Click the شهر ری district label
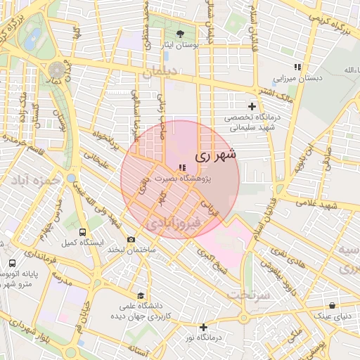coord(215,154)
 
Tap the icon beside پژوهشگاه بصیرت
coord(182,167)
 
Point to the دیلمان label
coord(160,72)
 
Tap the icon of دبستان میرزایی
coord(297,67)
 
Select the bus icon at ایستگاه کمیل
coord(83,231)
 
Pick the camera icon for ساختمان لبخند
coord(131,240)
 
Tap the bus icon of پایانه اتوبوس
coord(12,263)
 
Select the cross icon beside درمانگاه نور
coord(203,327)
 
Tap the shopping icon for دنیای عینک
coord(332,305)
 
